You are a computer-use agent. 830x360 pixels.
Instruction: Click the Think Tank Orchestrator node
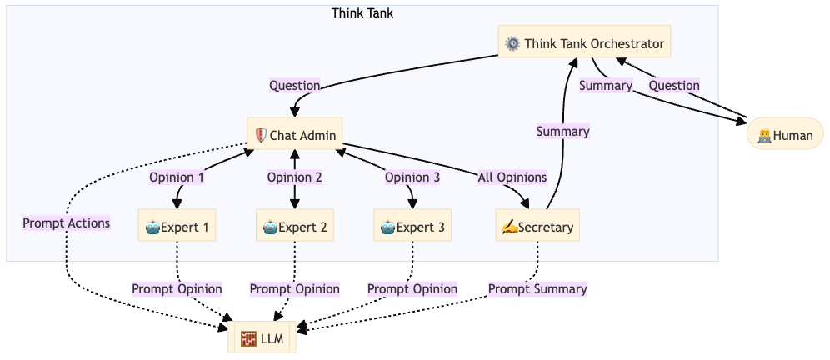585,43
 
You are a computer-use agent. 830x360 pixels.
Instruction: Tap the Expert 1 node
177,226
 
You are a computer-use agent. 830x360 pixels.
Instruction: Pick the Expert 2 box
295,226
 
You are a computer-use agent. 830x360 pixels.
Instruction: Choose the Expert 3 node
412,226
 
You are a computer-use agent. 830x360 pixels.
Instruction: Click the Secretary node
537,226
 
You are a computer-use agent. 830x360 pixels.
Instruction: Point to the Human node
785,135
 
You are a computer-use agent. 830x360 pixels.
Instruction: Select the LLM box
262,337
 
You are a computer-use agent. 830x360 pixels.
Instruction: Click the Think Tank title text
362,12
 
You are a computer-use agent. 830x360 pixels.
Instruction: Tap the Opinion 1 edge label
177,177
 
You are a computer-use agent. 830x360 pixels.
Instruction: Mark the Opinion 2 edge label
295,177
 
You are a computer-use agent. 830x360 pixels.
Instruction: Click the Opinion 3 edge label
412,177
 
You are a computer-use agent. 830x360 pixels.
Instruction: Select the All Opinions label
512,177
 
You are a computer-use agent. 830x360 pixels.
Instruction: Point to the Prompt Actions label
67,222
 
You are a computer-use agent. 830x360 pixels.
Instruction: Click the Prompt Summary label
537,289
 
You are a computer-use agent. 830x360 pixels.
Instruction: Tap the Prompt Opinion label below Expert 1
177,289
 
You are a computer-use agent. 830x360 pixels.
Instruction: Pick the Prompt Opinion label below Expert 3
412,289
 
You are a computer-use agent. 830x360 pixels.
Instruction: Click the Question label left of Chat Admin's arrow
295,85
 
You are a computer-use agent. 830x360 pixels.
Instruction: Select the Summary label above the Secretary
563,131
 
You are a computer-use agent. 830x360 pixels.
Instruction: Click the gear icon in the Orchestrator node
512,43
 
